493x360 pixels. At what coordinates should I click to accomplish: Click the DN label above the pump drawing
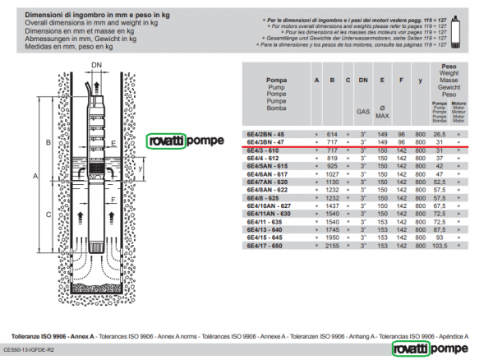point(96,64)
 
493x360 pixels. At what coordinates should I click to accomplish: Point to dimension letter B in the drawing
point(49,142)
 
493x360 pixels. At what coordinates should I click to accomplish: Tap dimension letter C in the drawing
point(49,215)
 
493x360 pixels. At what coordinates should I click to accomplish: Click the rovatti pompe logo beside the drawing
point(183,141)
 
